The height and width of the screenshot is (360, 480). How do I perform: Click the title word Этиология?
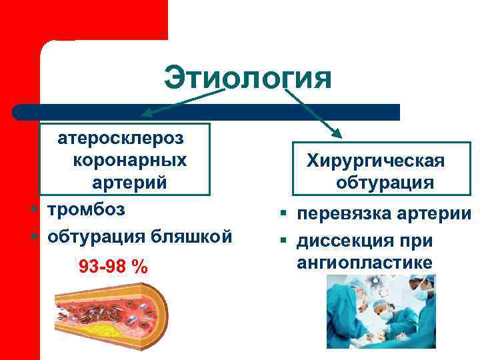(x=247, y=77)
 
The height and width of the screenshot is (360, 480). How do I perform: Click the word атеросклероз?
(x=122, y=139)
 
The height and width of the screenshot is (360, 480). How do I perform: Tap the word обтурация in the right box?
(x=385, y=183)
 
